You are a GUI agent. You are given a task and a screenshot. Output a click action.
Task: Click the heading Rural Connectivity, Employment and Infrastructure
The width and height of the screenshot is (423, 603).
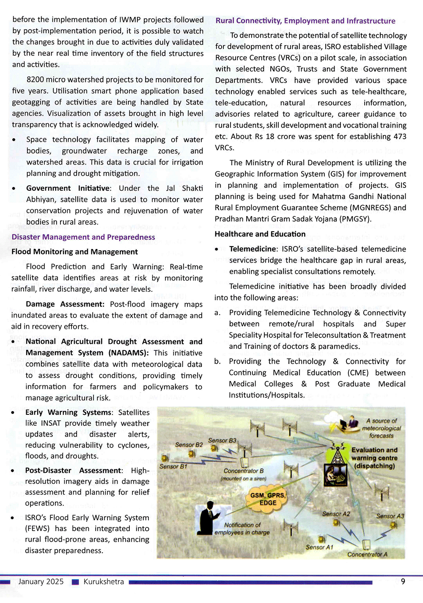coord(305,21)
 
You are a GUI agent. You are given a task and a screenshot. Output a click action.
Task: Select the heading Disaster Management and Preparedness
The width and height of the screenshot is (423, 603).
coord(83,237)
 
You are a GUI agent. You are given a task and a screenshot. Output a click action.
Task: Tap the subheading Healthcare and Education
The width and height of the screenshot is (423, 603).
coord(260,234)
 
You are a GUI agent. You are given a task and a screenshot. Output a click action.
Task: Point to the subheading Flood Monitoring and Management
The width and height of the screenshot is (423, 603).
coord(74,252)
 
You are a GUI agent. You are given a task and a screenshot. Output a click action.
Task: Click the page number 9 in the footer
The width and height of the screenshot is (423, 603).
coord(403,581)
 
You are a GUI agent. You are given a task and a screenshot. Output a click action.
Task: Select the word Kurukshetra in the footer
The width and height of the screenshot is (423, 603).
coord(104,582)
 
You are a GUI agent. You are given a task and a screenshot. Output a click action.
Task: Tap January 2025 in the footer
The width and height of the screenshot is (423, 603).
coord(41,582)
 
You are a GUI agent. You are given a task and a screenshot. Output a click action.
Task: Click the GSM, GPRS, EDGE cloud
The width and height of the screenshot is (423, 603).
coord(268,499)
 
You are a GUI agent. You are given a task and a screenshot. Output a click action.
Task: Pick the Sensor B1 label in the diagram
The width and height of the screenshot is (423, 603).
coord(173,466)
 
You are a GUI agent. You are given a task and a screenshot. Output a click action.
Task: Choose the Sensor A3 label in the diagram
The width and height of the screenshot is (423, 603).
coord(390,516)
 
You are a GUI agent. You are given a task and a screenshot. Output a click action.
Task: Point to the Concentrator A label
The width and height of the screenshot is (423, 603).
coord(367,554)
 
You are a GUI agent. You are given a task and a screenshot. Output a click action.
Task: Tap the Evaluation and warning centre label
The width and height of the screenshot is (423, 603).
coord(374,458)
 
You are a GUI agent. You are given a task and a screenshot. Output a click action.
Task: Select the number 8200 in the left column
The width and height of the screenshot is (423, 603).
coord(35,80)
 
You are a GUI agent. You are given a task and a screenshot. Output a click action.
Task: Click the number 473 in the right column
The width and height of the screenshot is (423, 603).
coord(399,137)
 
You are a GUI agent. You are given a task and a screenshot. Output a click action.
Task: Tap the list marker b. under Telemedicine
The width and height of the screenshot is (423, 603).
coord(217,362)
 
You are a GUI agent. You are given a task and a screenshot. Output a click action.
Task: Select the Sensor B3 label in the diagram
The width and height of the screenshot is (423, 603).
coord(222,441)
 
